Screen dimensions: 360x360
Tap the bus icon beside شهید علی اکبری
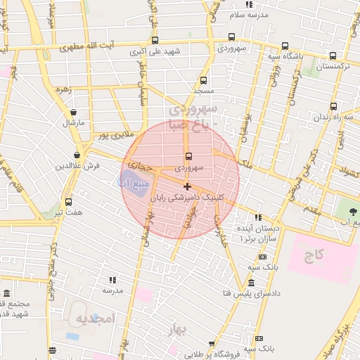155,40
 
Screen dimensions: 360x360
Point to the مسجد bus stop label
204,92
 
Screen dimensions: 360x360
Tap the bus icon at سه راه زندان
333,107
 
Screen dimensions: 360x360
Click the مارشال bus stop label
73,123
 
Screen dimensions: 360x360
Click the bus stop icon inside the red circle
188,156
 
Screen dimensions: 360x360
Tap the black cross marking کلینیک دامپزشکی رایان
187,186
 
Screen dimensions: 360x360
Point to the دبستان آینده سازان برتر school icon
259,217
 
